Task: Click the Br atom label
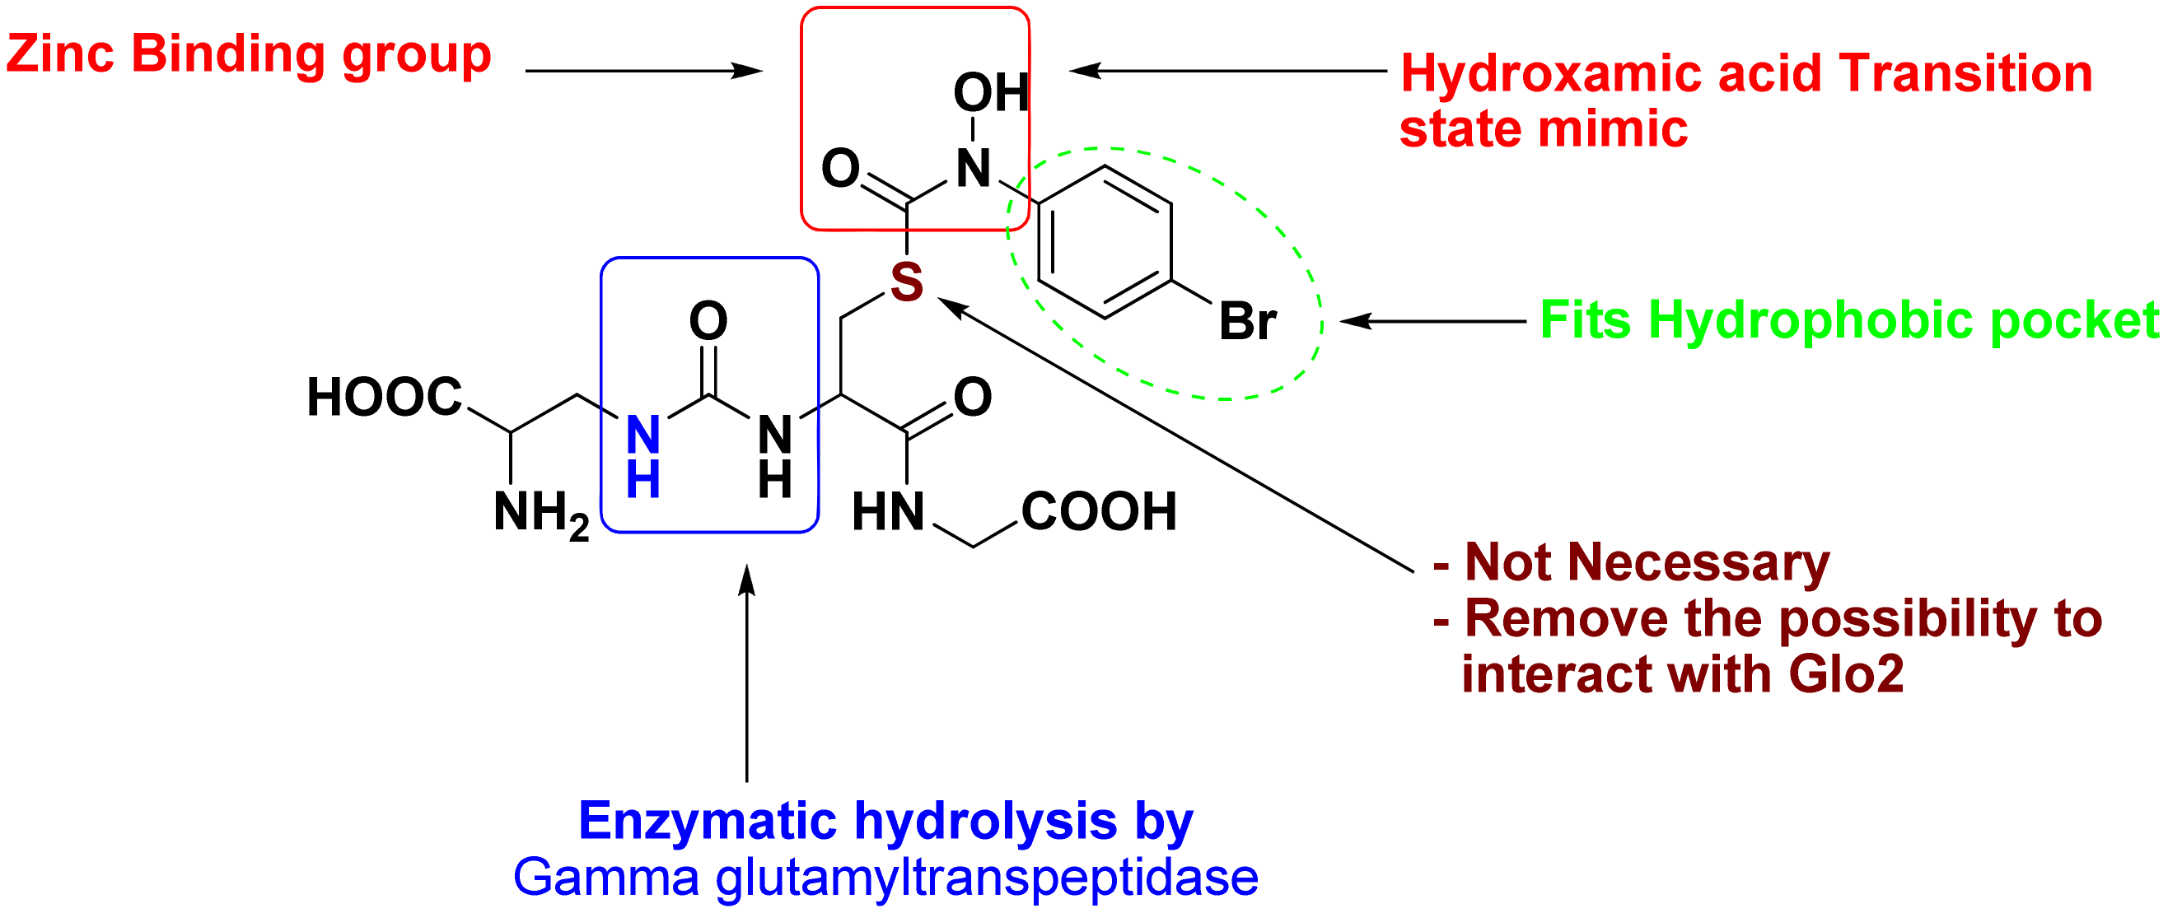1247,321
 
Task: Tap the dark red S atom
906,281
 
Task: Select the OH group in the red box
991,91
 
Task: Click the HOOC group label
385,397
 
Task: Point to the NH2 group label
540,512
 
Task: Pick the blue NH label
643,457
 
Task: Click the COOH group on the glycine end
1098,511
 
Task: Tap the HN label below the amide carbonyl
888,511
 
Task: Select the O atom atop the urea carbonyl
708,320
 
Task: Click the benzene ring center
1105,242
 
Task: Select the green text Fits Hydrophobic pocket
1849,320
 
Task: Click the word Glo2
1847,674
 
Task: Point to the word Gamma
606,877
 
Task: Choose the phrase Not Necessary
1647,562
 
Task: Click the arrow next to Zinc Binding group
643,71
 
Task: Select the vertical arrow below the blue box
746,673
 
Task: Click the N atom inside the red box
973,168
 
